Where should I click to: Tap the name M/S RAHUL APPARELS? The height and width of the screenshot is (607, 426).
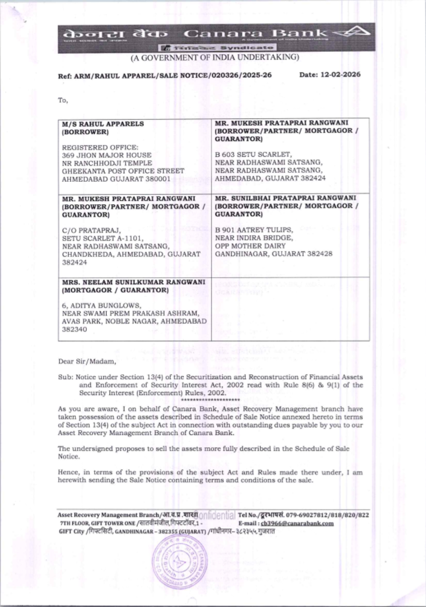coord(103,124)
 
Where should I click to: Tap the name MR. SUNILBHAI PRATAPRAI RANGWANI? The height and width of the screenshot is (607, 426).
coord(285,198)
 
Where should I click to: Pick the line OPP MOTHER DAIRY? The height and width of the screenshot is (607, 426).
coord(250,246)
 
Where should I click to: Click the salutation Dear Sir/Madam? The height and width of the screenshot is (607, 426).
coord(87,362)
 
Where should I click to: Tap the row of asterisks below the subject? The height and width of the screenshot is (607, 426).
coord(210,400)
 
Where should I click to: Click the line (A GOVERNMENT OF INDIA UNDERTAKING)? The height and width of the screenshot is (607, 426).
coord(215,57)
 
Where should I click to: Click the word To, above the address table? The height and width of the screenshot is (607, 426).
coord(63,100)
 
